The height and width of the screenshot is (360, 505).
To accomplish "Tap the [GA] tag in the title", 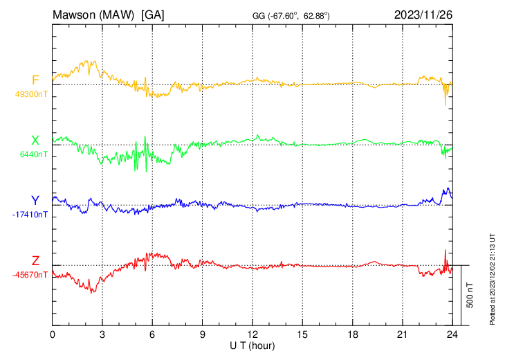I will point(153,15).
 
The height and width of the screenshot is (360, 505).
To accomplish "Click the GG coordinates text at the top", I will point(291,15).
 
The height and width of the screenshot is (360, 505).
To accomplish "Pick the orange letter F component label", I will point(35,80).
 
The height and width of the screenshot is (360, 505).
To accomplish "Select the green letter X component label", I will point(35,141).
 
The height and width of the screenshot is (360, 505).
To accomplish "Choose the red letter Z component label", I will point(35,261).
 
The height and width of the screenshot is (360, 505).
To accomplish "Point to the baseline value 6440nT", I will point(33,154).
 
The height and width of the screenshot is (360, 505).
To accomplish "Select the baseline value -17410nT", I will point(30,215).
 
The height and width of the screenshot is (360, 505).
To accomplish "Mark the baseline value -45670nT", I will point(30,275).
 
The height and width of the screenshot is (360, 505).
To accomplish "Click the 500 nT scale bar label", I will point(470,295).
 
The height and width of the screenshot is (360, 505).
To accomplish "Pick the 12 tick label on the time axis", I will point(252,334).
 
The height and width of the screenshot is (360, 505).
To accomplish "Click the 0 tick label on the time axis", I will point(53,334).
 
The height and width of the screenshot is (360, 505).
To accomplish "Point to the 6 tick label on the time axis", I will point(152,334).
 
